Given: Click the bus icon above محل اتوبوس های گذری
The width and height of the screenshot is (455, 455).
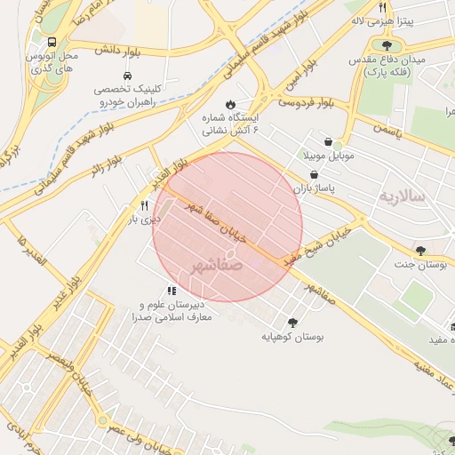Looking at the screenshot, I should coord(52,42).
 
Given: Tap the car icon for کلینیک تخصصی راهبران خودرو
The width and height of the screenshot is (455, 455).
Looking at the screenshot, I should coord(128,76).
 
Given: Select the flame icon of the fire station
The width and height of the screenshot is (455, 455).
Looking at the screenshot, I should coord(231,103).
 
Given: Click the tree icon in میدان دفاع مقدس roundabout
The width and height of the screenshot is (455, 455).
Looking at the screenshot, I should coord(387,44).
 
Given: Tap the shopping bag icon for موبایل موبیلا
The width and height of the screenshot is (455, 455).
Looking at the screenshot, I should coord(329,141).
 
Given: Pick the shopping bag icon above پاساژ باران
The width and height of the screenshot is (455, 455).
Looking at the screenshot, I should coord(315,175).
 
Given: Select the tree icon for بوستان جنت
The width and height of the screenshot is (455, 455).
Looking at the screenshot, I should coord(419,251).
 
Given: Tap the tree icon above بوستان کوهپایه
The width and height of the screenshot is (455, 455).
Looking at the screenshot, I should coord(292,323).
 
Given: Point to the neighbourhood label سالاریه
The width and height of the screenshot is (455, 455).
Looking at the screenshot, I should coord(402,195).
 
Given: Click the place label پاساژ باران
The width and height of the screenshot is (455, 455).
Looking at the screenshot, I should coord(315,189).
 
